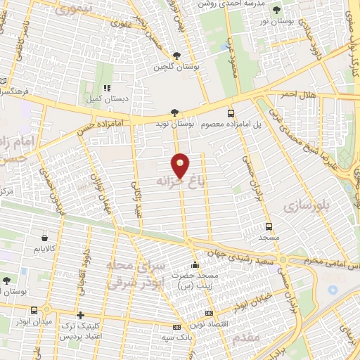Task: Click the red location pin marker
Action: (181, 165)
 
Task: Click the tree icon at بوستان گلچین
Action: (176, 56)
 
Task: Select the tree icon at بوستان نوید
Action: (175, 112)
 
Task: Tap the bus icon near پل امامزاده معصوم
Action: (231, 112)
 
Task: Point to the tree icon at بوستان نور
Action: (276, 10)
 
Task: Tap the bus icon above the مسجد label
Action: (269, 226)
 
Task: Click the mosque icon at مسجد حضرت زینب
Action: (195, 265)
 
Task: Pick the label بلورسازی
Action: (307, 205)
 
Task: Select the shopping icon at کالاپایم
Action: (44, 238)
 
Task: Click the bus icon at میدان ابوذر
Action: (34, 310)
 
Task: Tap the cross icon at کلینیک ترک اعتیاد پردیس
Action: (81, 316)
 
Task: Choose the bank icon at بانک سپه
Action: (176, 327)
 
